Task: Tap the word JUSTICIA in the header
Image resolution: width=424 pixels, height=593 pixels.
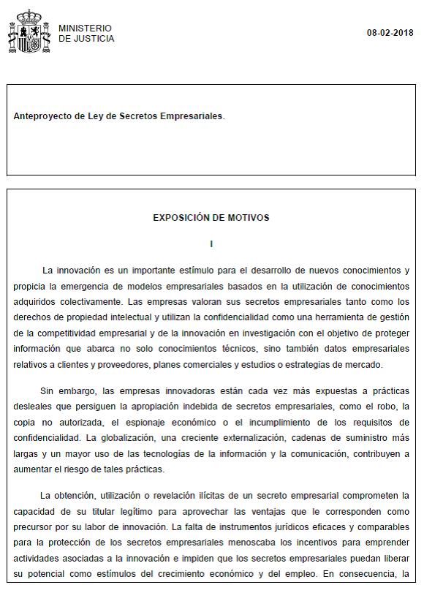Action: (x=94, y=39)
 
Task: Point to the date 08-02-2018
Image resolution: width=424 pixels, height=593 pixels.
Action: (x=390, y=33)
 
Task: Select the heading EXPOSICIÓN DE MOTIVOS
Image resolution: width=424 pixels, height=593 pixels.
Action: (x=211, y=218)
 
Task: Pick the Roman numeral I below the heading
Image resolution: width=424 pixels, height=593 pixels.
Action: (x=211, y=243)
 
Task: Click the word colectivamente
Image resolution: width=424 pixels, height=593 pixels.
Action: (x=88, y=300)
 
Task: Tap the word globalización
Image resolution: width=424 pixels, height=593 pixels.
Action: (x=124, y=438)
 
